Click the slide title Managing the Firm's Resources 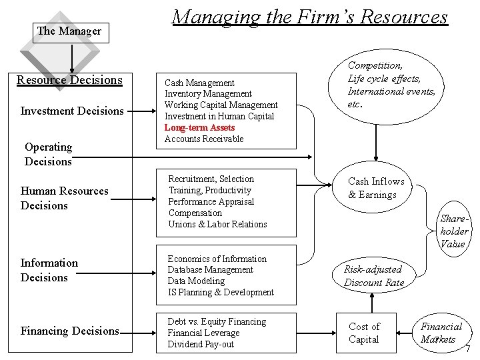[x=309, y=16]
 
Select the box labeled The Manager [x=69, y=31]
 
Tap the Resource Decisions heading [x=69, y=80]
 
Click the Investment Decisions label [x=72, y=111]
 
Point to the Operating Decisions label [x=48, y=154]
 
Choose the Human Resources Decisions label [x=64, y=198]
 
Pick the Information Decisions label [x=49, y=270]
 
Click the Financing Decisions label [x=70, y=331]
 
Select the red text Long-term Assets [x=199, y=127]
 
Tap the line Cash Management [x=199, y=83]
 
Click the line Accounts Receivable [x=204, y=139]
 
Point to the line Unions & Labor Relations [x=217, y=224]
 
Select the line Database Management [x=210, y=269]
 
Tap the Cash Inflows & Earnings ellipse [x=376, y=188]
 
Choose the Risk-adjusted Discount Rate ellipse [x=373, y=275]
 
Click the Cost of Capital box [x=364, y=333]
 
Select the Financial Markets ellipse [x=441, y=333]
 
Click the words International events [x=391, y=91]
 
